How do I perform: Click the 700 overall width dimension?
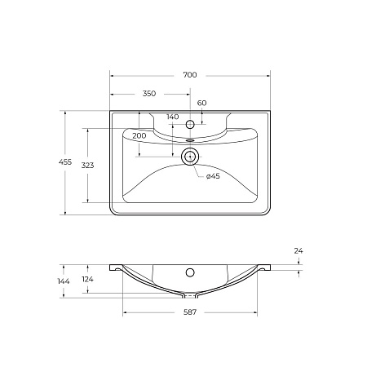[190, 75]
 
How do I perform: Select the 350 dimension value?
[149, 94]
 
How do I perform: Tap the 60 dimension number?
[201, 103]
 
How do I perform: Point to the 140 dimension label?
[173, 117]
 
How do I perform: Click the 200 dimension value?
[139, 135]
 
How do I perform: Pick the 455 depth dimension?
[65, 162]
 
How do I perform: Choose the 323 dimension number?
[87, 165]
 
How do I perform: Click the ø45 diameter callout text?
[213, 176]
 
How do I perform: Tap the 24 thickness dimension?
[298, 251]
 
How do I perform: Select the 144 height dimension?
[64, 281]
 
